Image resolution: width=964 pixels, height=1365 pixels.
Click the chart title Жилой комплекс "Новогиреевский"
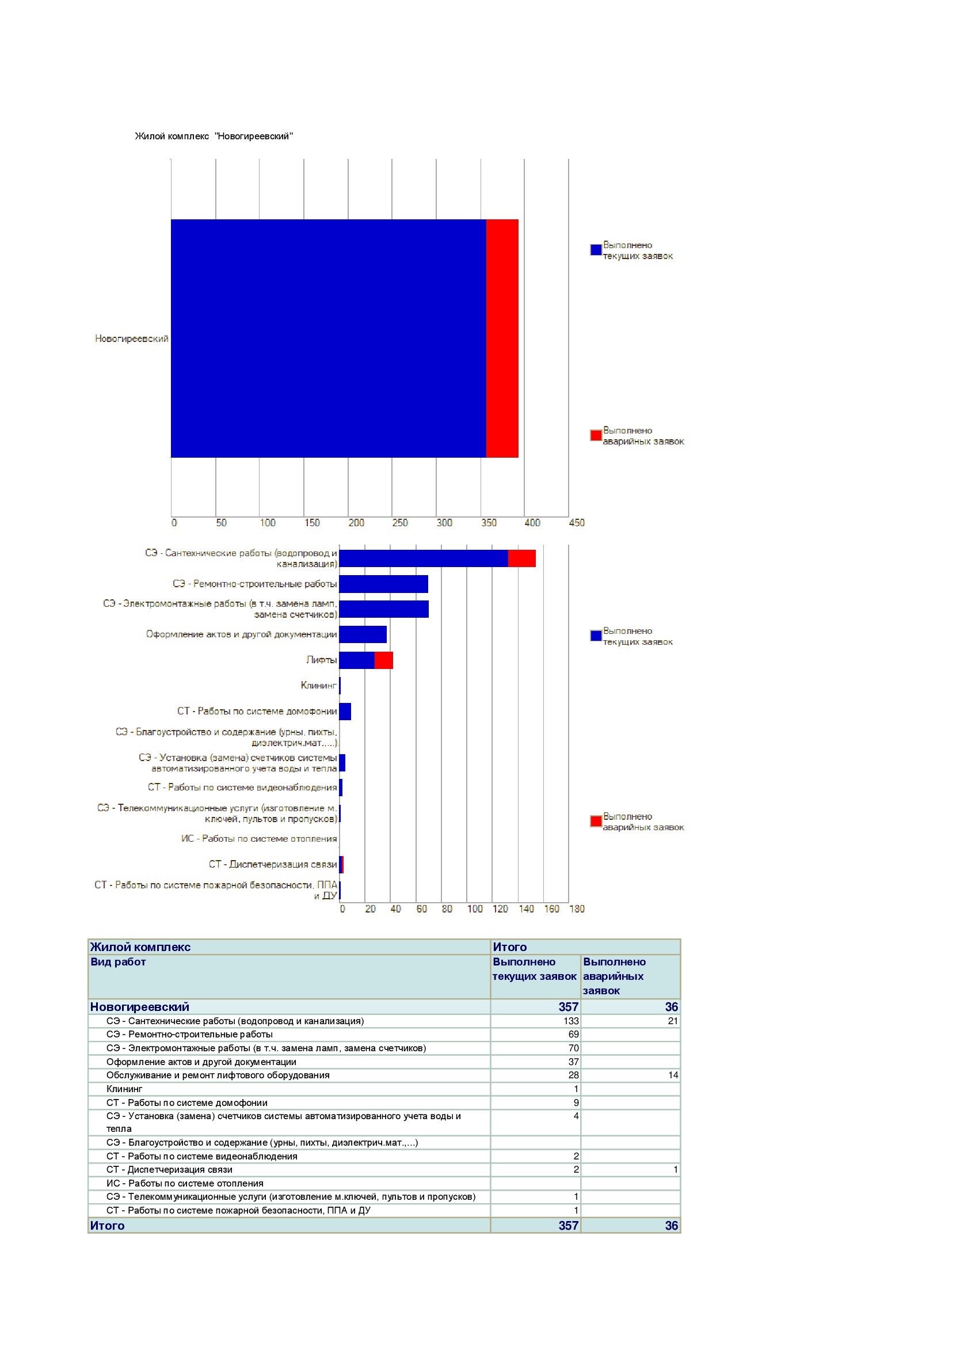(x=214, y=136)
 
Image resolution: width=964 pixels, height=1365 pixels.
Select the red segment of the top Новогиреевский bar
(x=502, y=339)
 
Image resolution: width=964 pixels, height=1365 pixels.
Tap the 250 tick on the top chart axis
(x=400, y=523)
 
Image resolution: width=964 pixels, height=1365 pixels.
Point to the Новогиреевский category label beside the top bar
(x=132, y=339)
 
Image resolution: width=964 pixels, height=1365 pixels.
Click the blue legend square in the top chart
(x=596, y=250)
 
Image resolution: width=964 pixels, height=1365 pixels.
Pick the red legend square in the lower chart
(x=596, y=821)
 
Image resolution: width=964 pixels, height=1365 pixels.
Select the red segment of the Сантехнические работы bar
(x=522, y=558)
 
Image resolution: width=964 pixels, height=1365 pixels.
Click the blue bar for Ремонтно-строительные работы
(x=384, y=584)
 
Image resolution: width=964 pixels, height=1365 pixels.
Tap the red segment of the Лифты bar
(x=384, y=660)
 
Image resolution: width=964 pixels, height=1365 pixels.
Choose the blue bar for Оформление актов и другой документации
(x=363, y=634)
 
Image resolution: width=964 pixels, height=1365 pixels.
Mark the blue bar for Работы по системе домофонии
(x=345, y=711)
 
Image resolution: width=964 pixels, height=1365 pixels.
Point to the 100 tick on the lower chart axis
(x=475, y=909)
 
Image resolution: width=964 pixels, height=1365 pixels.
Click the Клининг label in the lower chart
(x=319, y=686)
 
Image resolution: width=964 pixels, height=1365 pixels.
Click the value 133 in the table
(x=571, y=1021)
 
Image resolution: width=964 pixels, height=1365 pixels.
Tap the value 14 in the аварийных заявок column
(x=673, y=1075)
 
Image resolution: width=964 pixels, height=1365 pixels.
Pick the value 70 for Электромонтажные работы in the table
(x=574, y=1048)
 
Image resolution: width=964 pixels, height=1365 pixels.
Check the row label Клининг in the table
(x=124, y=1089)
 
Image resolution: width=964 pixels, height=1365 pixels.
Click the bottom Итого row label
(x=108, y=1225)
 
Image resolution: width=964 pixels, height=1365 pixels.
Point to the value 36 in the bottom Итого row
(x=672, y=1225)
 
